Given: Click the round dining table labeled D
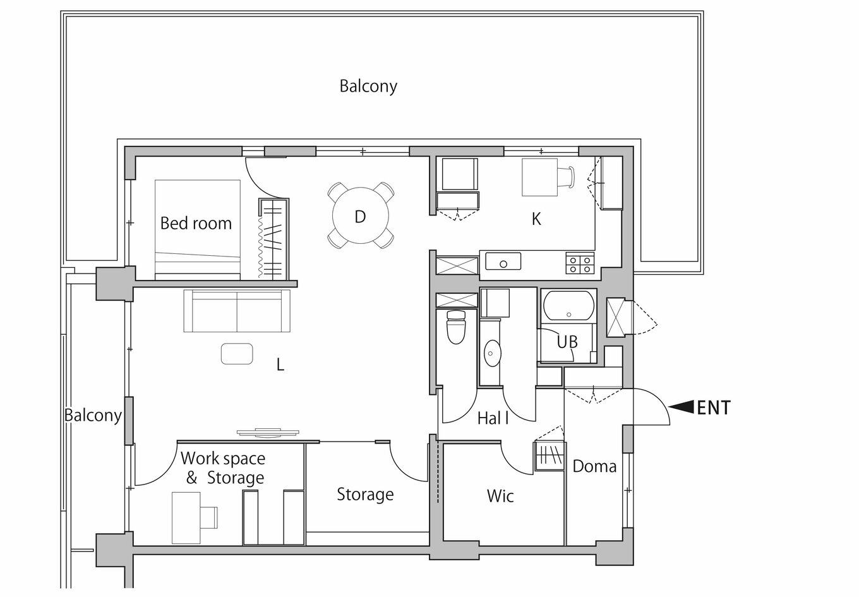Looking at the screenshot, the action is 361,215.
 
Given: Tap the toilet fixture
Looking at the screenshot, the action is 456,327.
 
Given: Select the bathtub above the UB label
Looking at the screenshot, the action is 568,305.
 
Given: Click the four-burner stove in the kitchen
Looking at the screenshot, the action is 580,263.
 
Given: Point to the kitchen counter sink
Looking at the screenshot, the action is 503,262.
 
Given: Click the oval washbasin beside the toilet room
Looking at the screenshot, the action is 493,353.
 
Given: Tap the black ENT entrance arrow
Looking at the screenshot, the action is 681,407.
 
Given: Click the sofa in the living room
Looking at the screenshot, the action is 237,311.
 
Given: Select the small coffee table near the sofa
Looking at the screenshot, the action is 237,354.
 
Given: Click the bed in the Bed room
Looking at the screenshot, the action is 198,229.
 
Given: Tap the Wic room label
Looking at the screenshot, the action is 500,496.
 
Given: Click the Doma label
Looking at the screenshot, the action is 594,466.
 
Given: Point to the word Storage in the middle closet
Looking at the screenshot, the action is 365,495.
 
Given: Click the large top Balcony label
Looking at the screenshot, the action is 368,87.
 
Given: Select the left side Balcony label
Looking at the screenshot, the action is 93,415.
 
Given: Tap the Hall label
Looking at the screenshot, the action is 493,418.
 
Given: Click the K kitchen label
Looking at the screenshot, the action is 536,219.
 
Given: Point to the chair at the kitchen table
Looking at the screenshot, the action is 566,177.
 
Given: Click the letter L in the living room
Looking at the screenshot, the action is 280,365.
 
